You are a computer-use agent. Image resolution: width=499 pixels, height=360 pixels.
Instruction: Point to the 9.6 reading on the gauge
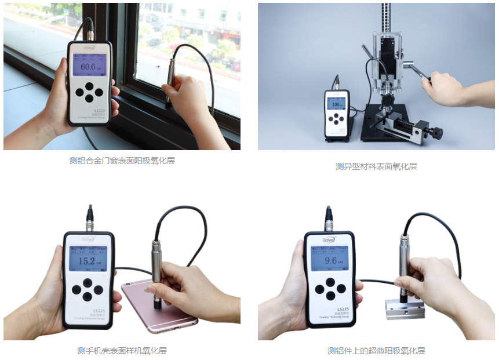[330, 261]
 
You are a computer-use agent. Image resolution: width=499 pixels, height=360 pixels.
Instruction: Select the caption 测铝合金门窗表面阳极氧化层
[122, 161]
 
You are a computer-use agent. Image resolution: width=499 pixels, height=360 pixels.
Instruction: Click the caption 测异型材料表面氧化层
[376, 166]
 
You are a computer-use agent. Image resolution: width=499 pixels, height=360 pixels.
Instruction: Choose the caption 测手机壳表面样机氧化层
[122, 351]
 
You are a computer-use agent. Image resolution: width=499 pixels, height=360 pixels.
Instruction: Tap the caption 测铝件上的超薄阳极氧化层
[376, 351]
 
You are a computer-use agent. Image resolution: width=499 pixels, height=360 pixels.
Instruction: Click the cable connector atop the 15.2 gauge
[90, 217]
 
